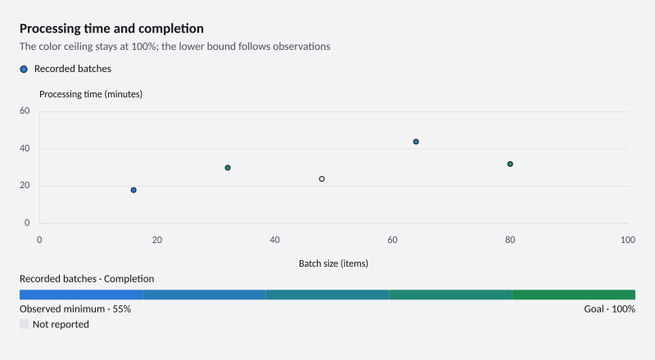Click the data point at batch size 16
(133, 190)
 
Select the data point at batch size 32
(228, 168)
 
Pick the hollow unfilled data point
(322, 178)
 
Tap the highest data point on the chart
(416, 142)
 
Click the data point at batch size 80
(510, 164)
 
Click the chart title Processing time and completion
(111, 29)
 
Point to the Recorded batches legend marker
(24, 70)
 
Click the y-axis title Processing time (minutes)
(91, 94)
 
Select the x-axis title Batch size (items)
(333, 263)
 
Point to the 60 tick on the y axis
(25, 110)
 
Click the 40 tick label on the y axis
(25, 148)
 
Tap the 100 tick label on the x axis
(628, 240)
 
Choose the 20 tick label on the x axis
(157, 240)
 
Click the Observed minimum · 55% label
(75, 309)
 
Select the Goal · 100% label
(609, 309)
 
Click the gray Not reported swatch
(25, 324)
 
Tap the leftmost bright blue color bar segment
(81, 295)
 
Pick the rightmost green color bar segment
(574, 295)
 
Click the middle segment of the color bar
(327, 295)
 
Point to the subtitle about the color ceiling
(174, 47)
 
